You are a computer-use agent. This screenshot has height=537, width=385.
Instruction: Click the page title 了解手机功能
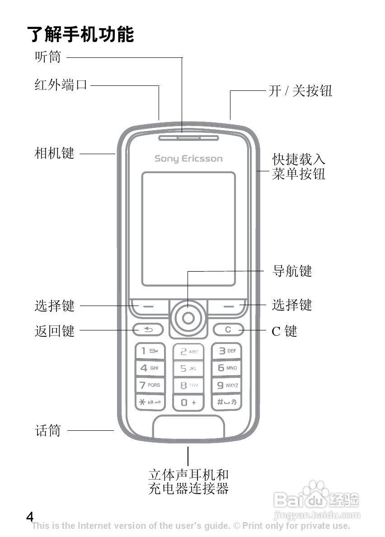coord(81,34)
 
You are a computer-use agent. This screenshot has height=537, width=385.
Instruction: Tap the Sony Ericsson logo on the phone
coord(188,159)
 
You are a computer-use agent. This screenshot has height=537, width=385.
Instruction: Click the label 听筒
coord(48,57)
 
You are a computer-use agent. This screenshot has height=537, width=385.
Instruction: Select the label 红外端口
coord(61,85)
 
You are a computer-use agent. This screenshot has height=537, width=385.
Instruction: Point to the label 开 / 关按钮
coord(300,91)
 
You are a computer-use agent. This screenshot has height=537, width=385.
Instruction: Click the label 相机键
coord(54,153)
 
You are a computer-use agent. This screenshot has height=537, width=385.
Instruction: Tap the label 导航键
coord(292,271)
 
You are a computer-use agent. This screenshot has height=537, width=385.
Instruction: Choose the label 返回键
coord(54,331)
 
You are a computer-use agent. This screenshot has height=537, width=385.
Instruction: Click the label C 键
coord(284,331)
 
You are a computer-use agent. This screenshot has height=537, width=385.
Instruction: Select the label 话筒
coord(48,430)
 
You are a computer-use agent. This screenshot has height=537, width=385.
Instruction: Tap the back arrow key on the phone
coord(148,330)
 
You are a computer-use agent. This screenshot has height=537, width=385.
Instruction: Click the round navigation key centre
coord(188,318)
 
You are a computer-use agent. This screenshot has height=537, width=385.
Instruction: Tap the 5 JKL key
coord(188,368)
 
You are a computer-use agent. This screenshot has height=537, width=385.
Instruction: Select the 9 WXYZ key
coord(227,386)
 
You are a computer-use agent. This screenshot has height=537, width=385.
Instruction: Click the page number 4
coord(30,517)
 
